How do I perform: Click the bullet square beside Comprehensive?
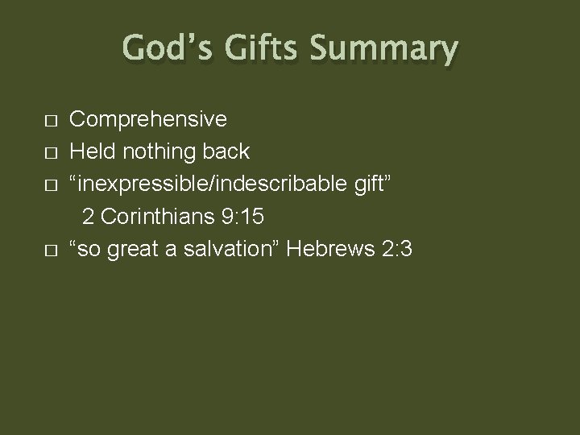(x=50, y=122)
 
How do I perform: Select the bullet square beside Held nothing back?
(x=50, y=154)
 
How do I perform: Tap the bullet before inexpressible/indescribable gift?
(x=50, y=186)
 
